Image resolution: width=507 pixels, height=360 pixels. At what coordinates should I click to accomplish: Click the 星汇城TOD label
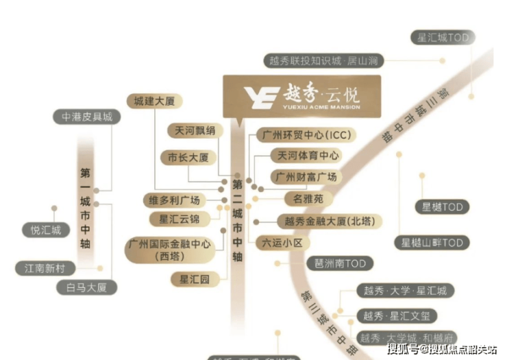[443, 38]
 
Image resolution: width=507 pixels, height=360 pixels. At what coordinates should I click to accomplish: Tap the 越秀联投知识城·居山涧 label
[324, 60]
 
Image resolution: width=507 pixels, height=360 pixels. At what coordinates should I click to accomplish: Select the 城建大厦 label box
[154, 101]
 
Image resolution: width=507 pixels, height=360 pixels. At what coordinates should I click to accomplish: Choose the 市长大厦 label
[188, 157]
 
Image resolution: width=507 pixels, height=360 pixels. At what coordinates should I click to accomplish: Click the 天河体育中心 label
[305, 156]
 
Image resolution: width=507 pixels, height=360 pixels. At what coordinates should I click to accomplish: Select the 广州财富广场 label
[305, 177]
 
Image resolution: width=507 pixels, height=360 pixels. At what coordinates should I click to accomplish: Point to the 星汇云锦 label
[180, 219]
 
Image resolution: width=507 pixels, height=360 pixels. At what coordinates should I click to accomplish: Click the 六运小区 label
[283, 242]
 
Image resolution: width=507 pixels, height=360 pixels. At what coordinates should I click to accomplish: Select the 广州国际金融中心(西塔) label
[169, 250]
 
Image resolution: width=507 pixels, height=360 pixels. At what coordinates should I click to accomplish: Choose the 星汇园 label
[194, 279]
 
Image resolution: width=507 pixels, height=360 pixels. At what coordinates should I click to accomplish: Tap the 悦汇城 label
[46, 230]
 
